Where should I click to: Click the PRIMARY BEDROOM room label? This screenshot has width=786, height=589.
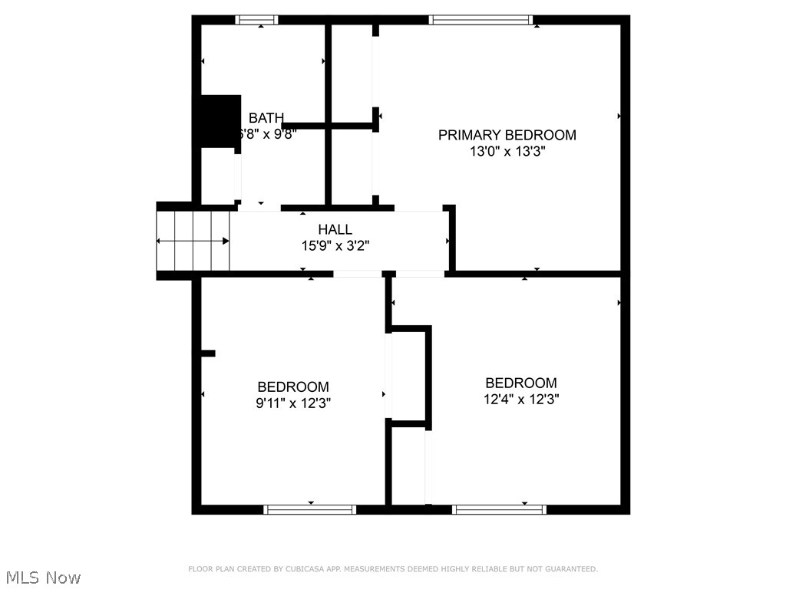click(507, 135)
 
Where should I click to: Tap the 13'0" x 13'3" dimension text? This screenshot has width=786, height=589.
click(507, 152)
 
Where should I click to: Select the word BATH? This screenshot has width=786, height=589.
click(266, 118)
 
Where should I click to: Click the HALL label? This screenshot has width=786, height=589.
click(335, 229)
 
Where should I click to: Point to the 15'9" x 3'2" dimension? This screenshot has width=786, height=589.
click(335, 246)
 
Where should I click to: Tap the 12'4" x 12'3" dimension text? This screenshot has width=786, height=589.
click(521, 400)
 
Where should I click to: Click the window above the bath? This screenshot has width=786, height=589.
click(257, 20)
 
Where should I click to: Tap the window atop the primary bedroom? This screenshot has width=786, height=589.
click(481, 20)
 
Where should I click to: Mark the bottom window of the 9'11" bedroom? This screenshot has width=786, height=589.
click(310, 509)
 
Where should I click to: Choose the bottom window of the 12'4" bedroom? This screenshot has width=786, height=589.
click(500, 509)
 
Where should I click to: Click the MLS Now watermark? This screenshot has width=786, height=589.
click(43, 577)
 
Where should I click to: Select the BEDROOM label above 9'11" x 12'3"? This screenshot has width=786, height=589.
click(293, 387)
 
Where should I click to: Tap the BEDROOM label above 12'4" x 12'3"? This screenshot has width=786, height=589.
click(521, 383)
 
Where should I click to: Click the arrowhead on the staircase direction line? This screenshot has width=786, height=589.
click(226, 241)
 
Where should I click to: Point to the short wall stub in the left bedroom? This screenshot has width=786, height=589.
click(208, 354)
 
